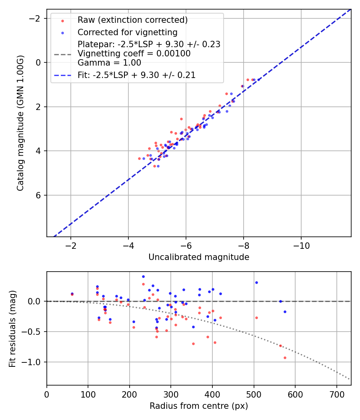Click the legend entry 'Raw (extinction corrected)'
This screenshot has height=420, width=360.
point(132,20)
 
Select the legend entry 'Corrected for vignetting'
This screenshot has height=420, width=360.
point(127,32)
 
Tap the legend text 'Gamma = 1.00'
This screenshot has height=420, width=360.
point(109,62)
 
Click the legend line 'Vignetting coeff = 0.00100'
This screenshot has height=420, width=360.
point(134,53)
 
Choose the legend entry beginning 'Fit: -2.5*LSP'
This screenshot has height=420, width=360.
point(136,75)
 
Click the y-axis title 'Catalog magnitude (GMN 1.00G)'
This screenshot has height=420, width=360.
point(20,123)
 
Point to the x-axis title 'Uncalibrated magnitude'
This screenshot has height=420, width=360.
point(199,257)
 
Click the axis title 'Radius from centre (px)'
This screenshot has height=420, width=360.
point(199,406)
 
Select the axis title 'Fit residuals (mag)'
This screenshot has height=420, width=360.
point(12,328)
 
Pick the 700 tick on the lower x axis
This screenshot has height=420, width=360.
point(336,394)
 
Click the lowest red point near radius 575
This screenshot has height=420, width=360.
point(285,358)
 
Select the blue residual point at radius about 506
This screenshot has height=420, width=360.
point(256,282)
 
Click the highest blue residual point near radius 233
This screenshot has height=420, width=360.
point(143,276)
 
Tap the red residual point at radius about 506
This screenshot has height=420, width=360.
point(256,318)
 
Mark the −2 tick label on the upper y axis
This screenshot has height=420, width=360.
point(36,18)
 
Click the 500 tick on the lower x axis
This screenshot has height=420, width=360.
point(254,394)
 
